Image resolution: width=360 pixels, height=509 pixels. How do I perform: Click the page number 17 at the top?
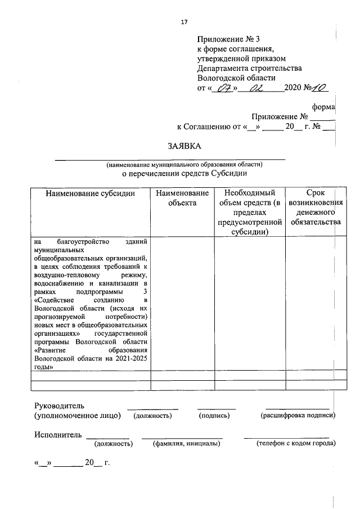point(183,22)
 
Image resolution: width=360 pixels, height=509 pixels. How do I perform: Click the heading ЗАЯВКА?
point(184,146)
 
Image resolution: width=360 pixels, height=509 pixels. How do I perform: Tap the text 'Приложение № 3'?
point(229,39)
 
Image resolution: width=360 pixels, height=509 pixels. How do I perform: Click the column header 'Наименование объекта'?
point(182,198)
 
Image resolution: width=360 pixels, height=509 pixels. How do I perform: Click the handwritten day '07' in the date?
point(224,88)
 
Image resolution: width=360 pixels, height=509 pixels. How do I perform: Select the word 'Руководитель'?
point(59,406)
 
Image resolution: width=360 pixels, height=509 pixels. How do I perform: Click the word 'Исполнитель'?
point(57,435)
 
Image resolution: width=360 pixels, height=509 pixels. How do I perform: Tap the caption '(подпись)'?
point(215,416)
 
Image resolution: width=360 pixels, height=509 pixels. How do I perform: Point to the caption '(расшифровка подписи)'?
point(298,416)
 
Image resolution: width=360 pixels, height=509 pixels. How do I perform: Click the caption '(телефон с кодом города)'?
point(295,444)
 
